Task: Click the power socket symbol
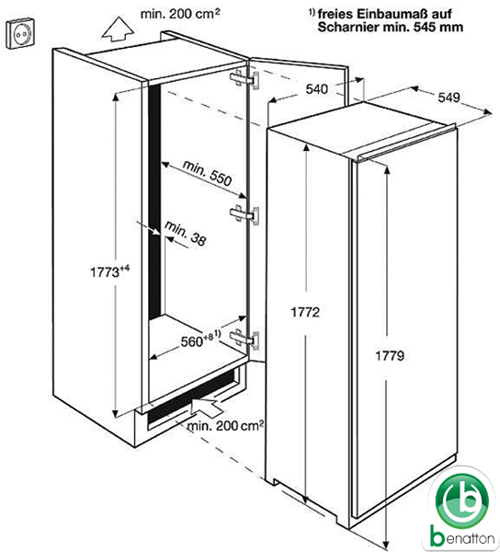[x=21, y=33]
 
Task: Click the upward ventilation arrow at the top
[x=118, y=30]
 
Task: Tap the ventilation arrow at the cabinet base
[x=207, y=406]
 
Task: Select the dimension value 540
[x=316, y=89]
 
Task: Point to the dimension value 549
[x=449, y=98]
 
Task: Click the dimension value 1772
[x=305, y=312]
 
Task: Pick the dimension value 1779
[x=390, y=355]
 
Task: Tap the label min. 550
[x=207, y=173]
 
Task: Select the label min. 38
[x=186, y=233]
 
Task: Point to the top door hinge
[x=244, y=79]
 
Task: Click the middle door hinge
[x=244, y=214]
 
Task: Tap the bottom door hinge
[x=244, y=339]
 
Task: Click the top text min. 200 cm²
[x=180, y=14]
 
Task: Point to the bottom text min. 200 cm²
[x=225, y=426]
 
